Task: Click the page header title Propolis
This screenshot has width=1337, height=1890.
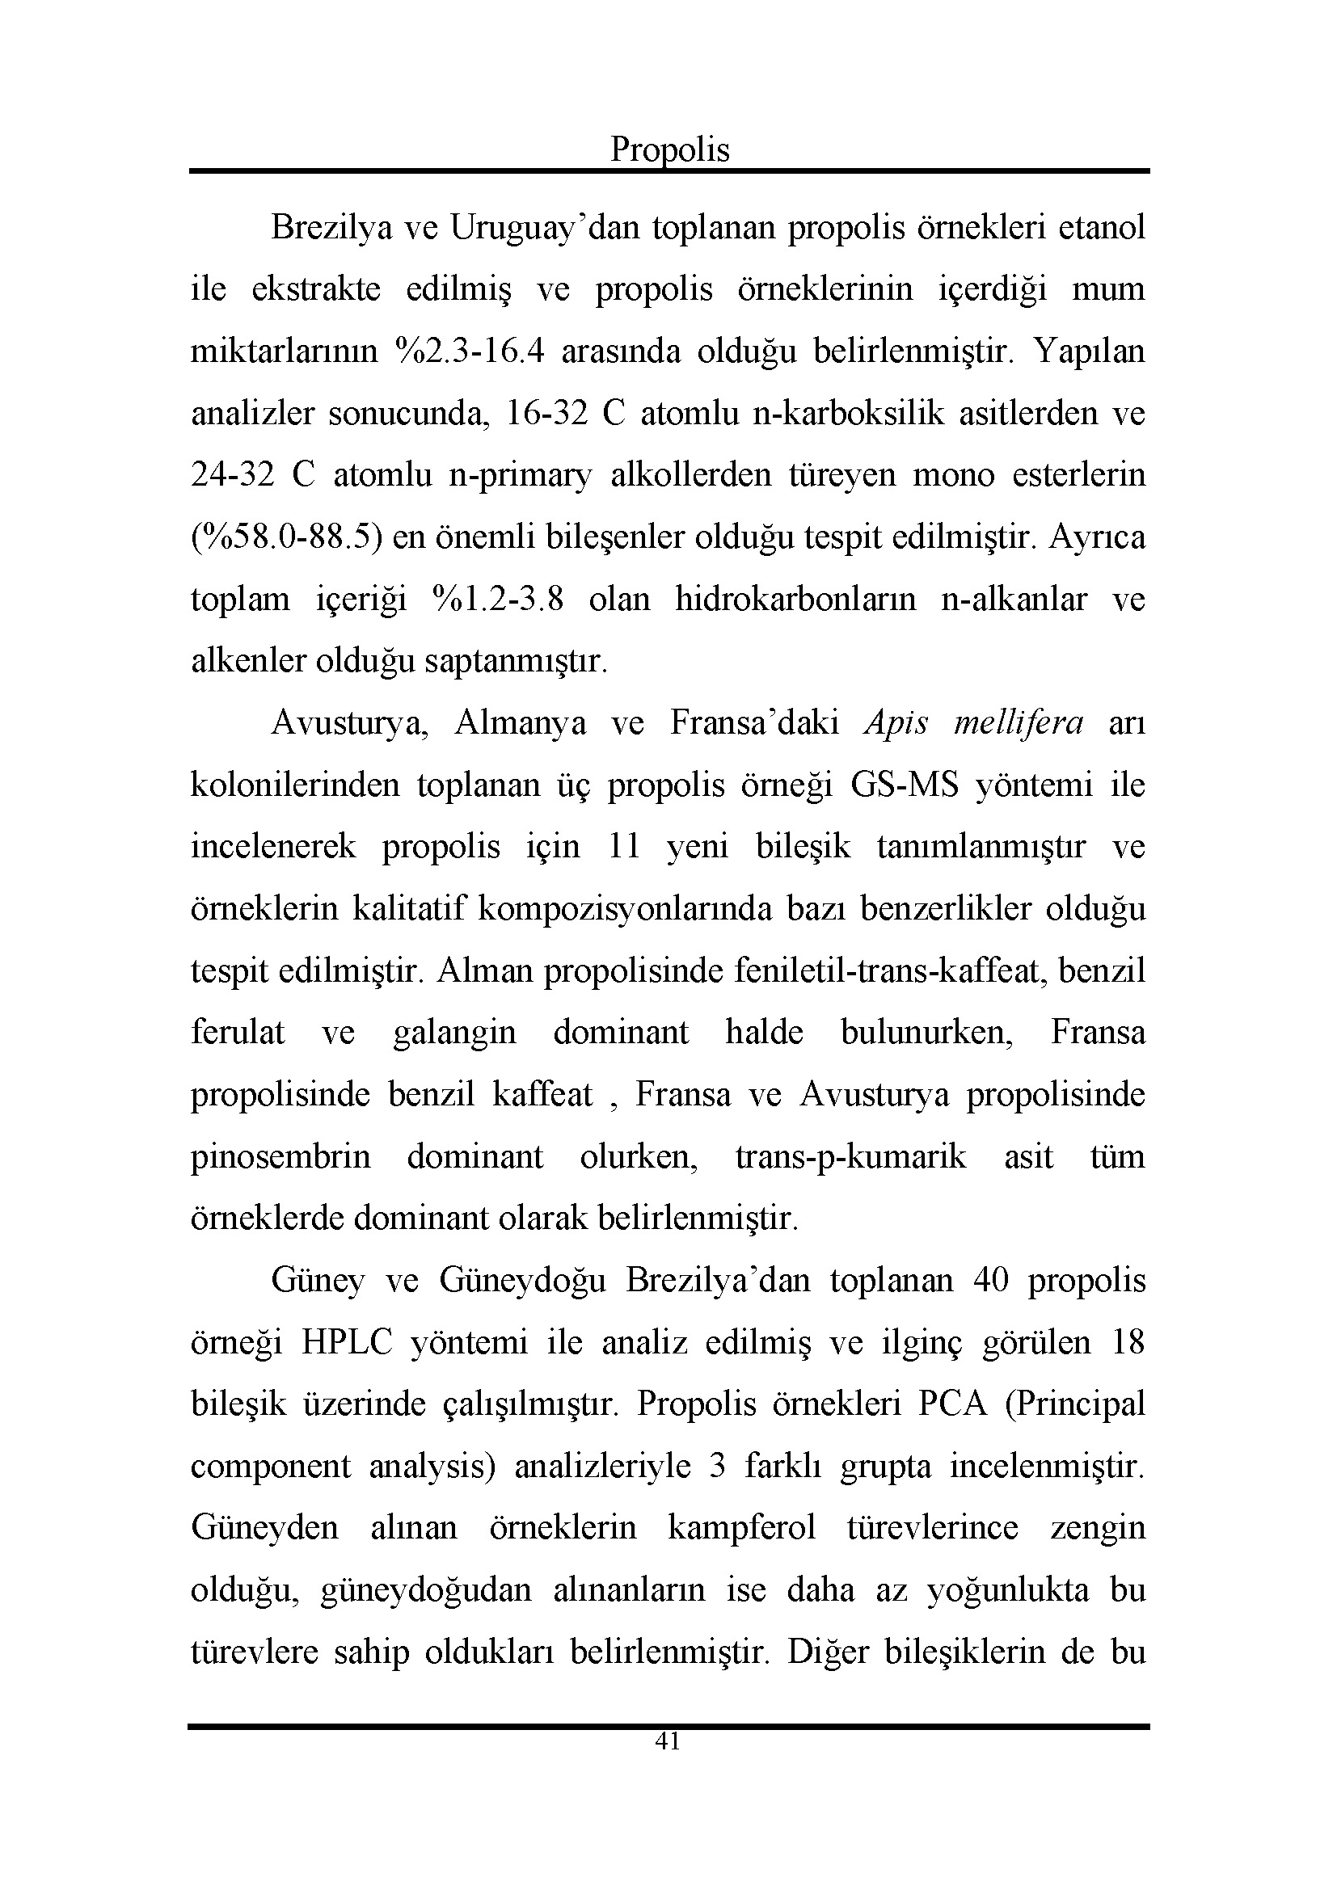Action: (x=669, y=149)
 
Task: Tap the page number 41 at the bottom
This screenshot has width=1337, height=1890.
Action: (x=668, y=1741)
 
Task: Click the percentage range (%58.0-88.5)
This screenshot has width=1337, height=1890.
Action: (x=287, y=537)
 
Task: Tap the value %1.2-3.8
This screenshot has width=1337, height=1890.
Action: (x=497, y=600)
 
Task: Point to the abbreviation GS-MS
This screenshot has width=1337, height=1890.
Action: (x=904, y=785)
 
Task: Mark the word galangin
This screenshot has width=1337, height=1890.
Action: (x=454, y=1032)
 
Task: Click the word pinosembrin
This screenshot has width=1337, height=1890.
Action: (x=280, y=1156)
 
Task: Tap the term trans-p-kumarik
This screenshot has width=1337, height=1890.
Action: (x=850, y=1156)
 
